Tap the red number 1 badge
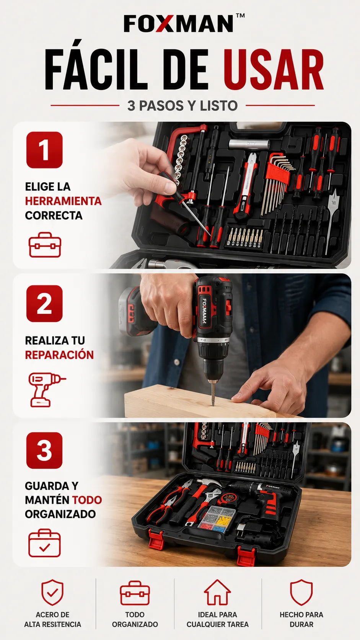[x=44, y=150]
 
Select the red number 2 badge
[x=44, y=304]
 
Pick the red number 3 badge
[x=44, y=451]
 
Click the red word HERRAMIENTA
[x=64, y=201]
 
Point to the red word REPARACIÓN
[x=59, y=354]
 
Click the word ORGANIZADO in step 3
[x=60, y=514]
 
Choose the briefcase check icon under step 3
[x=44, y=543]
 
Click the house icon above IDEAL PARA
[x=217, y=592]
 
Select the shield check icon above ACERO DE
[x=52, y=592]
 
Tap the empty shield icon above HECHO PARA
[x=301, y=592]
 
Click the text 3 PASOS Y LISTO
[x=182, y=106]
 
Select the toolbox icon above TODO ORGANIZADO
[x=135, y=593]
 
